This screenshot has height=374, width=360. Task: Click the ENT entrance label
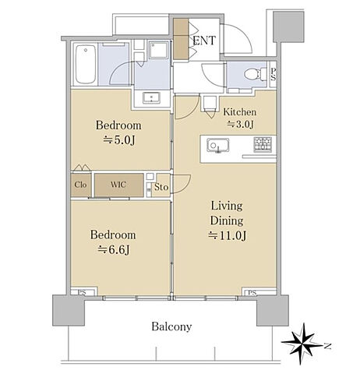coord(204,41)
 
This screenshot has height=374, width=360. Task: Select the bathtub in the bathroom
coord(86,65)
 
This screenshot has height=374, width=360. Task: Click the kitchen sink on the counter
coord(218,145)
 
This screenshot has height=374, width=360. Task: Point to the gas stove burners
coord(263,143)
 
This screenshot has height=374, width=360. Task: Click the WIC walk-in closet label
coord(118,185)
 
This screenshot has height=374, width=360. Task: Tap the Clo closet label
coord(80,185)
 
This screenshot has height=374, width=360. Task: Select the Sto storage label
coord(161,187)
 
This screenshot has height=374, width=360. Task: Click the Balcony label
coord(171,326)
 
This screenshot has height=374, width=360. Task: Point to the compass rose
coord(302,344)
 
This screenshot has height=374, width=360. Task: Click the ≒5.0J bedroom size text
coord(119,140)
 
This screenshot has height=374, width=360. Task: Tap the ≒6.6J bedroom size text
coord(113,250)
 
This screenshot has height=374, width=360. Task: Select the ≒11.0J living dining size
coord(227,235)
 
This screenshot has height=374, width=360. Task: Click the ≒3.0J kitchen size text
coord(240,125)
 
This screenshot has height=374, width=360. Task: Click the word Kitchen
coord(240,112)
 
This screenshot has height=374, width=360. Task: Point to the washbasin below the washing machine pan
coord(151,98)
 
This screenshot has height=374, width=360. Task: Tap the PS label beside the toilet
coord(273,74)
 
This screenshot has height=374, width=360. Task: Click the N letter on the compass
coord(327,346)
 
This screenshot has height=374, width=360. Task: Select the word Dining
coord(227,221)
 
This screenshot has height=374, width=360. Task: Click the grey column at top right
coord(288,27)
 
